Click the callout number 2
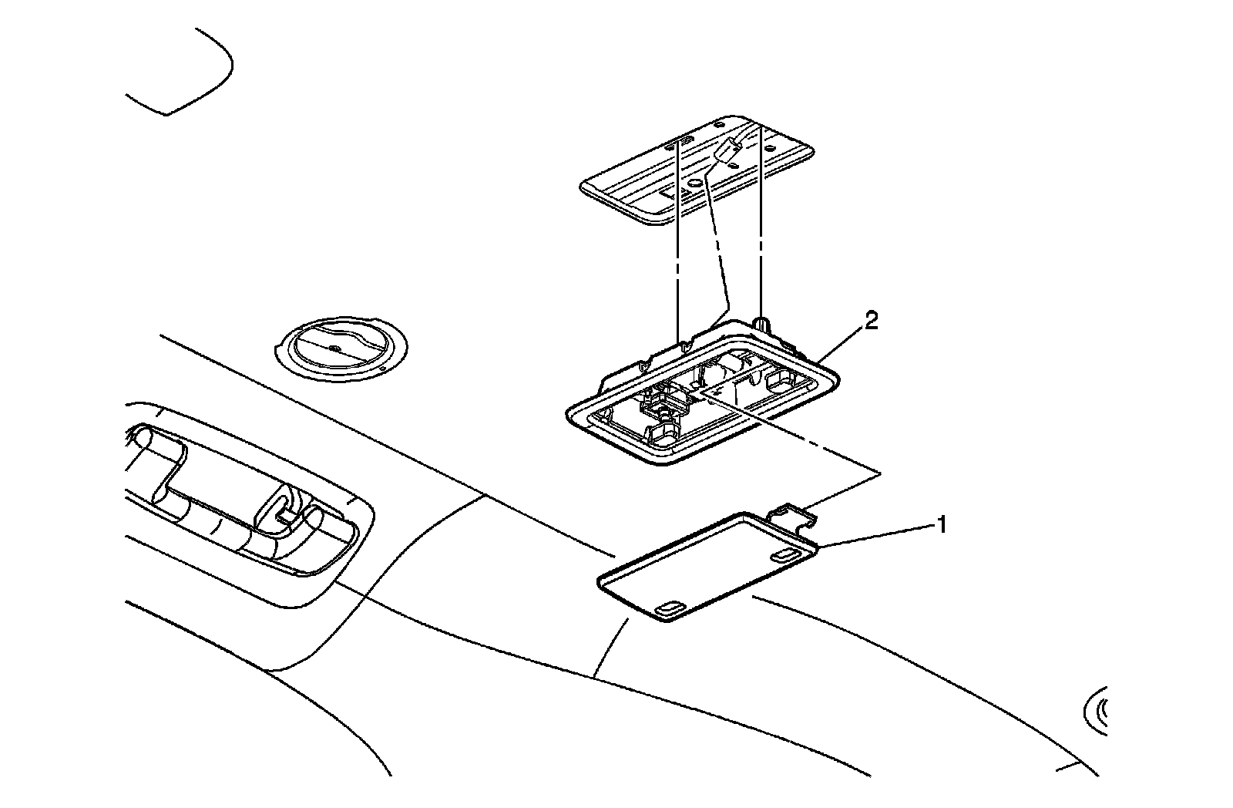pos(870,321)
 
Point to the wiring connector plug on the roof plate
pos(727,153)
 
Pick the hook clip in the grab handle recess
pos(284,508)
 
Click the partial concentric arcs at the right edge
pos(1097,709)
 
